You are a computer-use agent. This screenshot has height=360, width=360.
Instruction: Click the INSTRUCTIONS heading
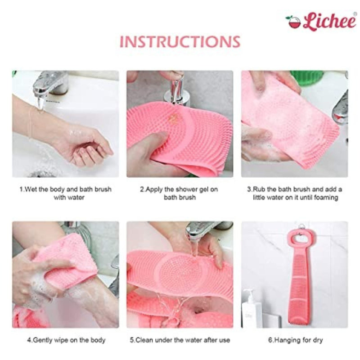tap(180, 41)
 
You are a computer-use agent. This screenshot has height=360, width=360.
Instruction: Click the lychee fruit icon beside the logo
tap(294, 22)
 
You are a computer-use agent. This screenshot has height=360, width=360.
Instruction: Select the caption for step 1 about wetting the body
tap(66, 193)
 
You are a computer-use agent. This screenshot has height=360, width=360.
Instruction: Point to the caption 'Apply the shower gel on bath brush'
tap(179, 193)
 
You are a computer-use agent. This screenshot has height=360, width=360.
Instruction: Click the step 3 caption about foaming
tap(295, 193)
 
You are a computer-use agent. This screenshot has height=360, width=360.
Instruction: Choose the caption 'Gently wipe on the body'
tap(66, 340)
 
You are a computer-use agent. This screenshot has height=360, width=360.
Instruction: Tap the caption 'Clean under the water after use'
tap(180, 340)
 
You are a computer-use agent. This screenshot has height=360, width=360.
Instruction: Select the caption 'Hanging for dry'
tap(296, 340)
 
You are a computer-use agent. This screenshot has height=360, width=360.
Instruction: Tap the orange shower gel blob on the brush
tap(172, 117)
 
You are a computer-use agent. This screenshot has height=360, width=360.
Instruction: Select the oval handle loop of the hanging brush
tap(300, 239)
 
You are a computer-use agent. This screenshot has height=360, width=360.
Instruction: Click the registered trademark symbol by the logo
tap(355, 14)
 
